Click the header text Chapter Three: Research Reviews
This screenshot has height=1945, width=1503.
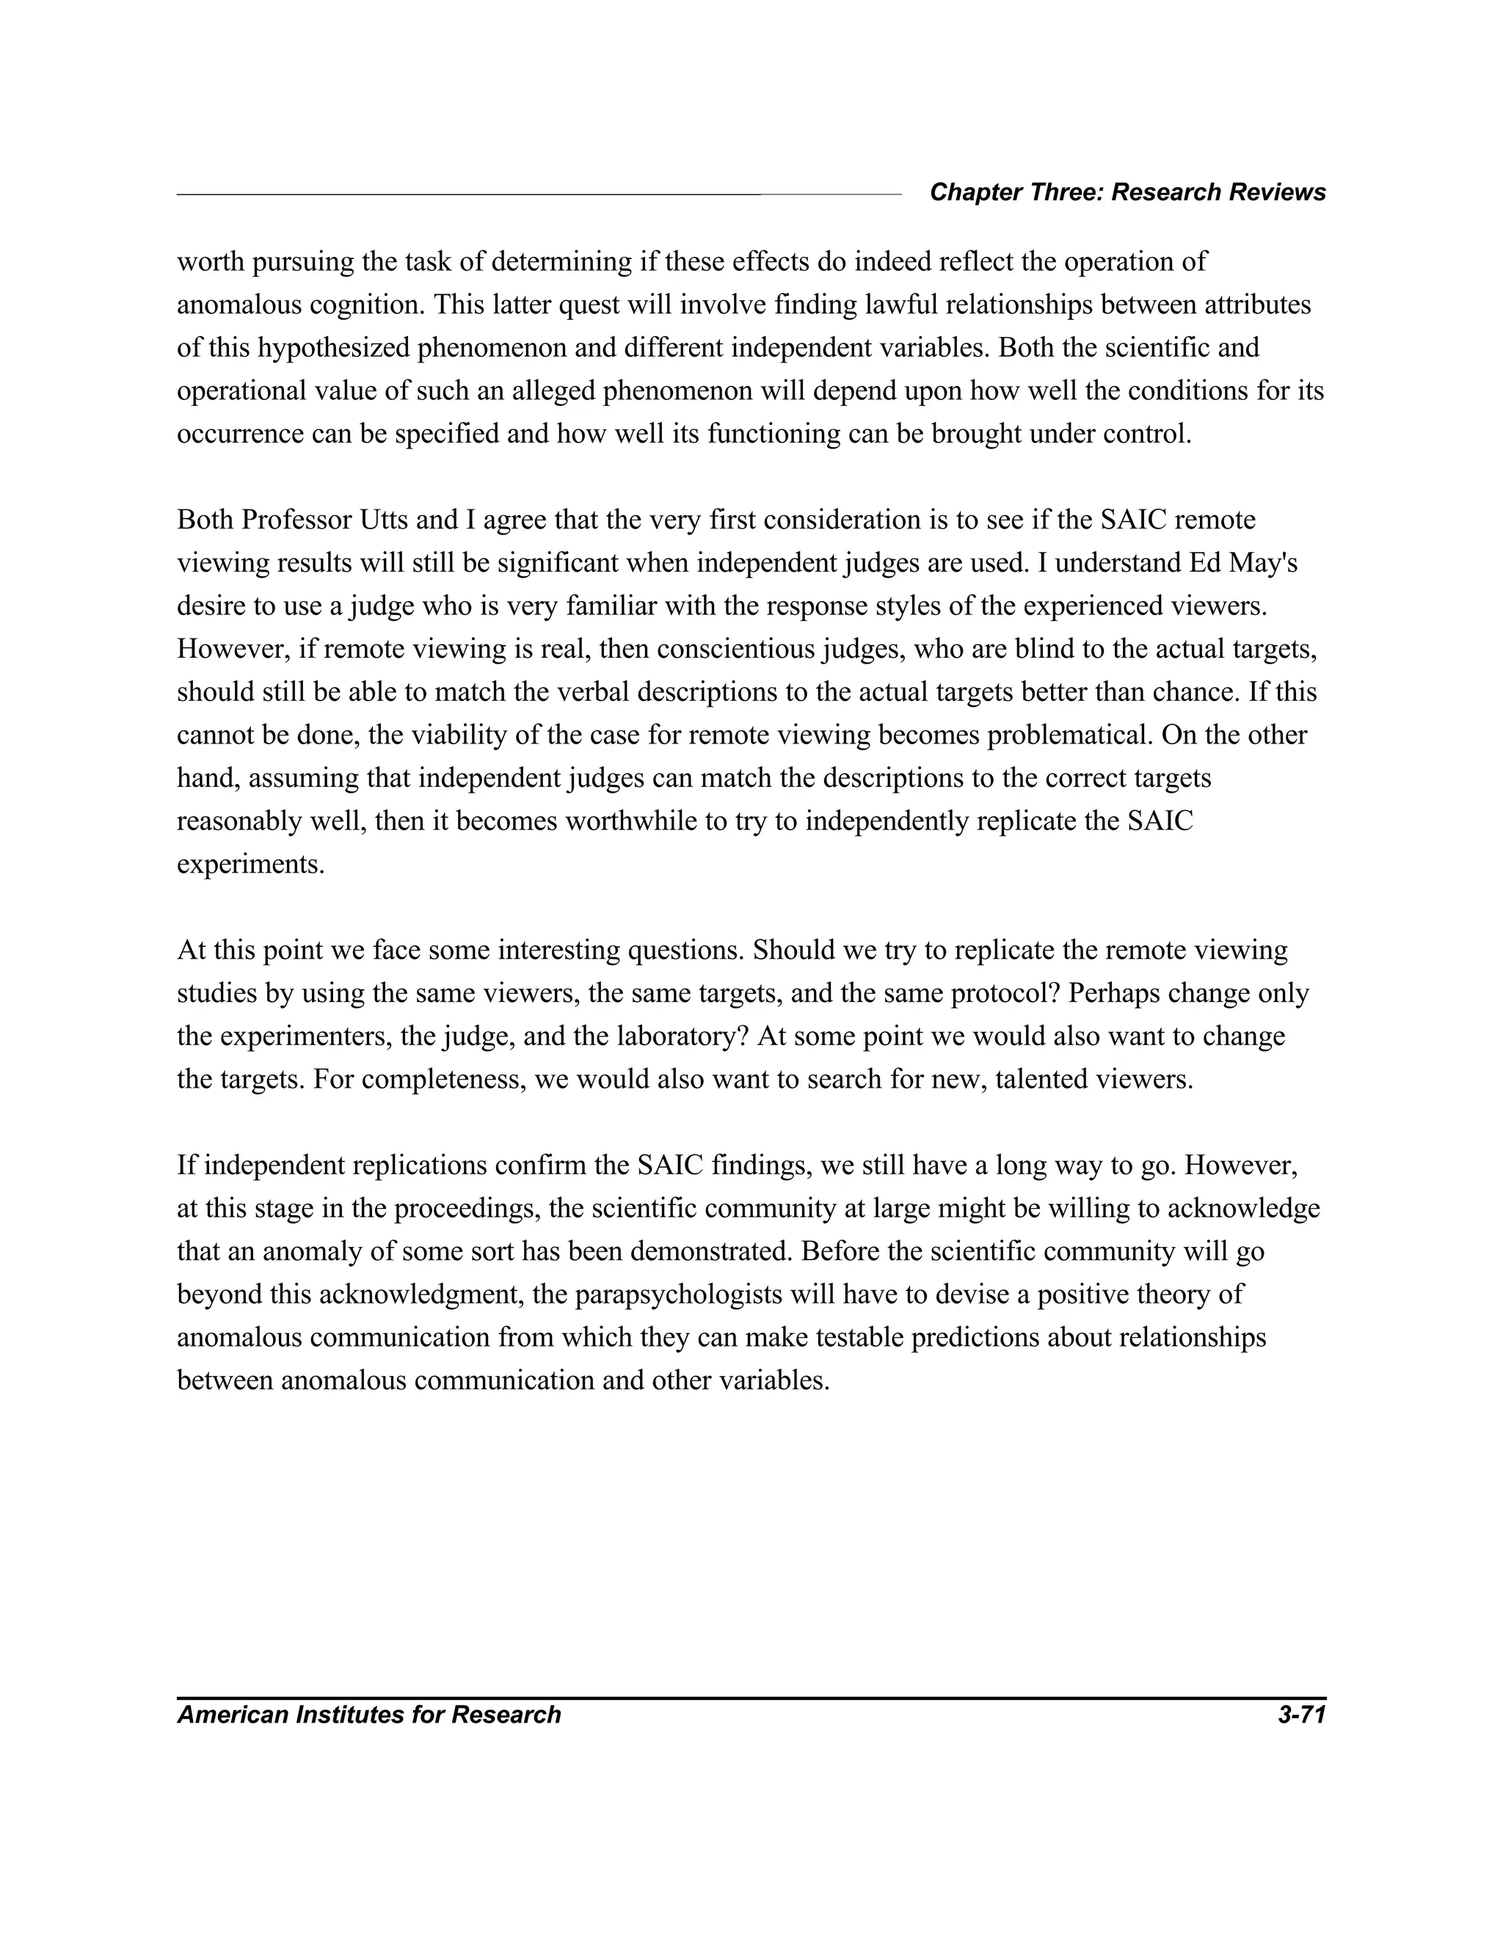[1127, 192]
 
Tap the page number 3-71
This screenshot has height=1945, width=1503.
[1301, 1715]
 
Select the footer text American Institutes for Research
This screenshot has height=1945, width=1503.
[368, 1715]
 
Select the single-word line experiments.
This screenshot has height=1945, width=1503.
[251, 865]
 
